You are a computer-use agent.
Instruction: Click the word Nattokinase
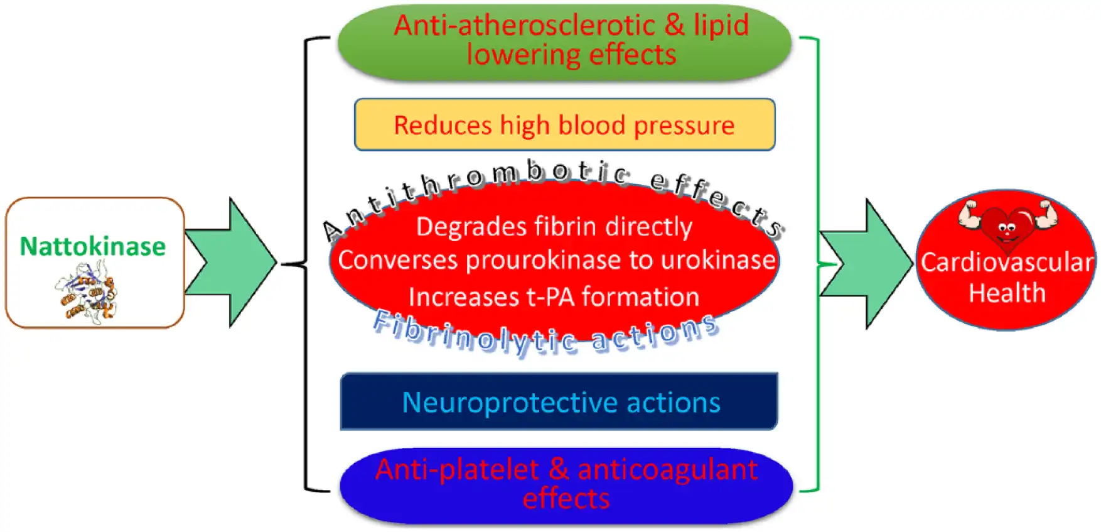(93, 246)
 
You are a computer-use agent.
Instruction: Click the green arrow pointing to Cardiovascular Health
(869, 264)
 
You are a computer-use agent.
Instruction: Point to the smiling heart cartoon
(1007, 226)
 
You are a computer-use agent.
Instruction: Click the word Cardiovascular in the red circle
(1006, 262)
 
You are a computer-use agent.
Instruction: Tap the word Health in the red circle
(1007, 293)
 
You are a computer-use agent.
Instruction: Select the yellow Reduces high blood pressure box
(564, 124)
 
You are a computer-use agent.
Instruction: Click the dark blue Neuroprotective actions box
(559, 401)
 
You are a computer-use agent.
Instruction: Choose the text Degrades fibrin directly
(554, 227)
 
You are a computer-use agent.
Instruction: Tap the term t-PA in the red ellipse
(552, 296)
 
